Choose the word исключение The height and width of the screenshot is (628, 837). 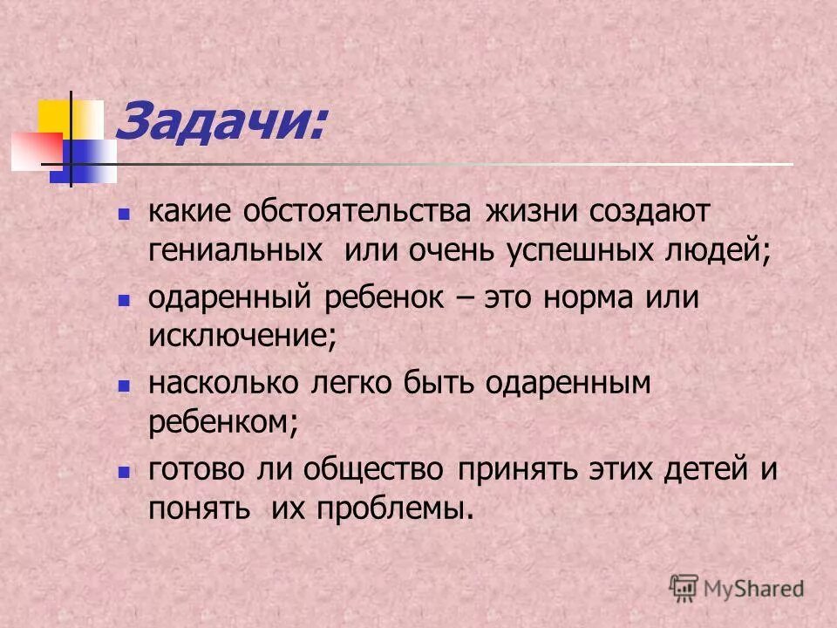[241, 337]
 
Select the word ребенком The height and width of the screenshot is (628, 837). [223, 422]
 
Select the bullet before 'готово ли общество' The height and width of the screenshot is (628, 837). [123, 470]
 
